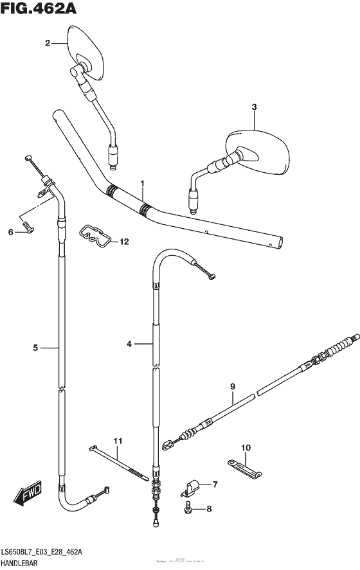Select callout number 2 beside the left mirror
coord(47,43)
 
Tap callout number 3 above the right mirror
coord(254,107)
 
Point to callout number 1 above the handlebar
coord(143,183)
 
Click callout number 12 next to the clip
coord(123,242)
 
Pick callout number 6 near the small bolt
coord(10,232)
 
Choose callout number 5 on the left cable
coord(36,348)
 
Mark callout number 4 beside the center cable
coord(129,344)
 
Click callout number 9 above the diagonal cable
coord(233,386)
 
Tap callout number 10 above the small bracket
coord(246,447)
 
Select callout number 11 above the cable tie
coord(117,440)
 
